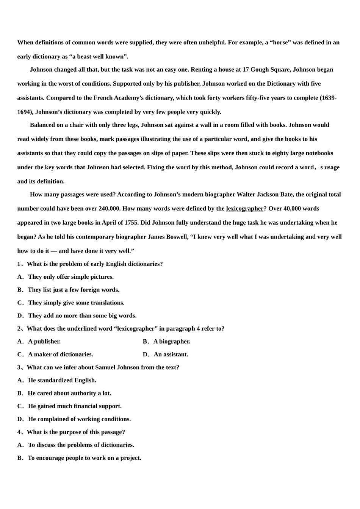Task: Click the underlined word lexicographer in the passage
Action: [x=244, y=209]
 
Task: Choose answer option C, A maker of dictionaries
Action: [x=60, y=354]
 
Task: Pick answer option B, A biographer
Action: [x=172, y=342]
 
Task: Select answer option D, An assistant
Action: [x=171, y=354]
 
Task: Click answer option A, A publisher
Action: [x=44, y=342]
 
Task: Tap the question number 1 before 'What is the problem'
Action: [x=19, y=264]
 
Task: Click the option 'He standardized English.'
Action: [x=62, y=380]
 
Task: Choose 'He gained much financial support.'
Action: [x=75, y=406]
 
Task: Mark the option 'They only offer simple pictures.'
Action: [x=70, y=277]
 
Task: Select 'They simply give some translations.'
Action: [x=76, y=303]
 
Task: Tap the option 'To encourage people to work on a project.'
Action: [x=84, y=458]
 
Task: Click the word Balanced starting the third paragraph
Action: [x=42, y=125]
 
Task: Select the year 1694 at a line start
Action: [x=24, y=112]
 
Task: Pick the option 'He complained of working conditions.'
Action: [x=79, y=419]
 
